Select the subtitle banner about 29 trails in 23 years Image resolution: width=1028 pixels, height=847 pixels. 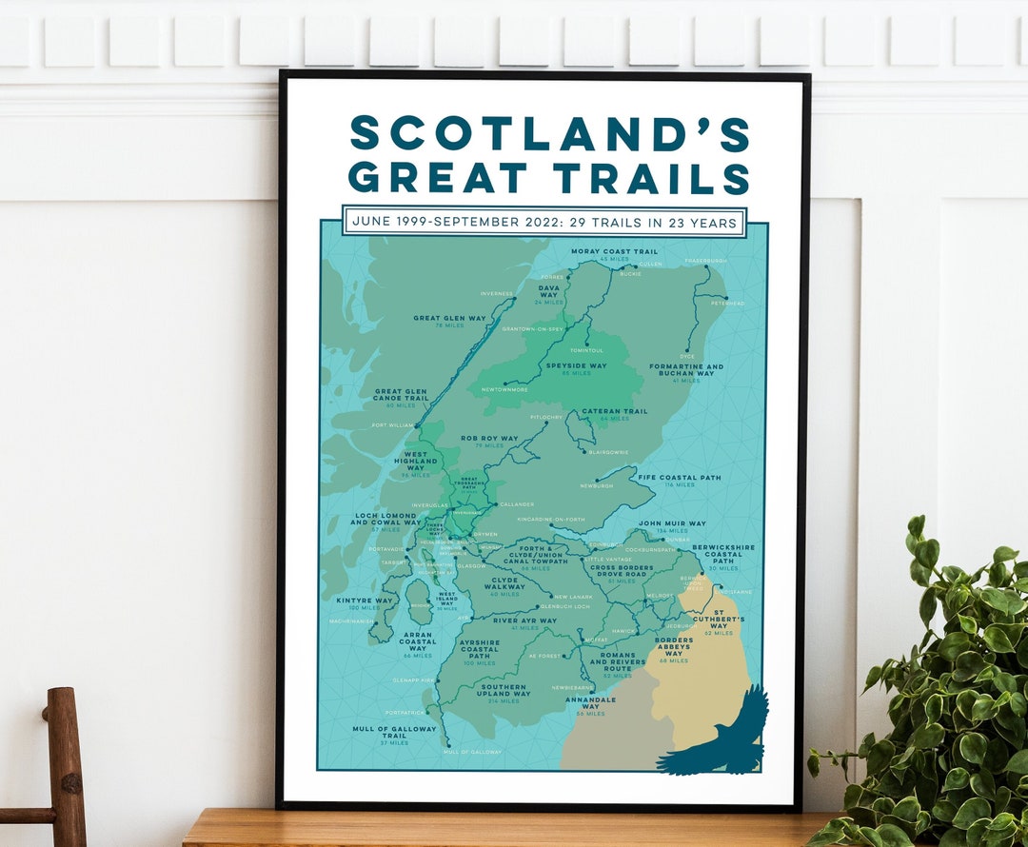[544, 222]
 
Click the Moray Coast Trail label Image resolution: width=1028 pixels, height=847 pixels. [614, 252]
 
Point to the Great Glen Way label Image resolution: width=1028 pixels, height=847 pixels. [449, 318]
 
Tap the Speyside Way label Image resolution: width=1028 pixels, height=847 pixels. [576, 365]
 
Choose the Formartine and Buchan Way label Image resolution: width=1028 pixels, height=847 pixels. [686, 370]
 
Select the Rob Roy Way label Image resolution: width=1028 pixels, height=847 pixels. [489, 439]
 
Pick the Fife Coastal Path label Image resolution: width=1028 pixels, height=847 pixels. [680, 478]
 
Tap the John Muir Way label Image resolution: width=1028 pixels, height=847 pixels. [672, 523]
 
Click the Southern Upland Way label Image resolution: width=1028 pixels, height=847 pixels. [504, 688]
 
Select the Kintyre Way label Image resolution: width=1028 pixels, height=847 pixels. [366, 601]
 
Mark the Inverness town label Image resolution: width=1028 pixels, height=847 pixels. [497, 294]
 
